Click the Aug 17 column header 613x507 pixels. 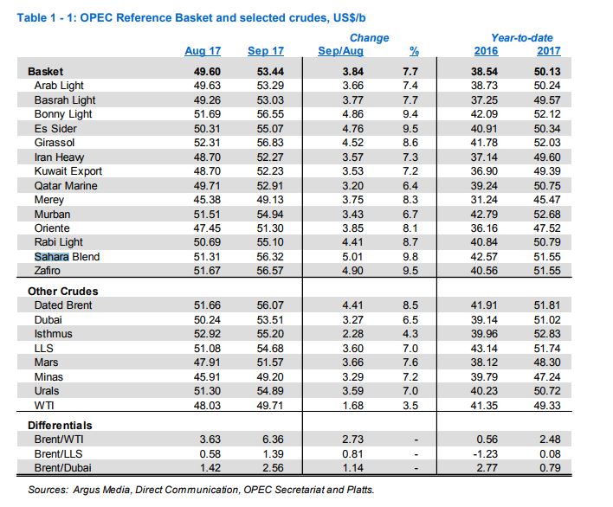[203, 51]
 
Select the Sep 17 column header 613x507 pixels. [266, 51]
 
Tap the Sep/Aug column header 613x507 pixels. [340, 51]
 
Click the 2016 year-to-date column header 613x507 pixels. [486, 51]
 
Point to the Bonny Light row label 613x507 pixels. [63, 114]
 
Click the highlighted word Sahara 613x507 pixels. [52, 257]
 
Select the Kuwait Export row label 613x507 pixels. [68, 171]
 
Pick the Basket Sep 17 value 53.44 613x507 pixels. [270, 72]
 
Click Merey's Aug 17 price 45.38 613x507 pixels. [207, 200]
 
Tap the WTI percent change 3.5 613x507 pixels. [410, 406]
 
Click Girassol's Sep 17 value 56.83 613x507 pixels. [270, 143]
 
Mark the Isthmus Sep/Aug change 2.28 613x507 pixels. [353, 334]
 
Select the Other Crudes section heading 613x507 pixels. [63, 292]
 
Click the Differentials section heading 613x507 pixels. [60, 426]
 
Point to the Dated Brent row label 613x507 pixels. [63, 305]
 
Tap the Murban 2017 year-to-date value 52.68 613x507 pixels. [547, 214]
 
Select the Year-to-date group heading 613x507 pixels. [522, 38]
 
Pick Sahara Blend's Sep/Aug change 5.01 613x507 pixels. [353, 257]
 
